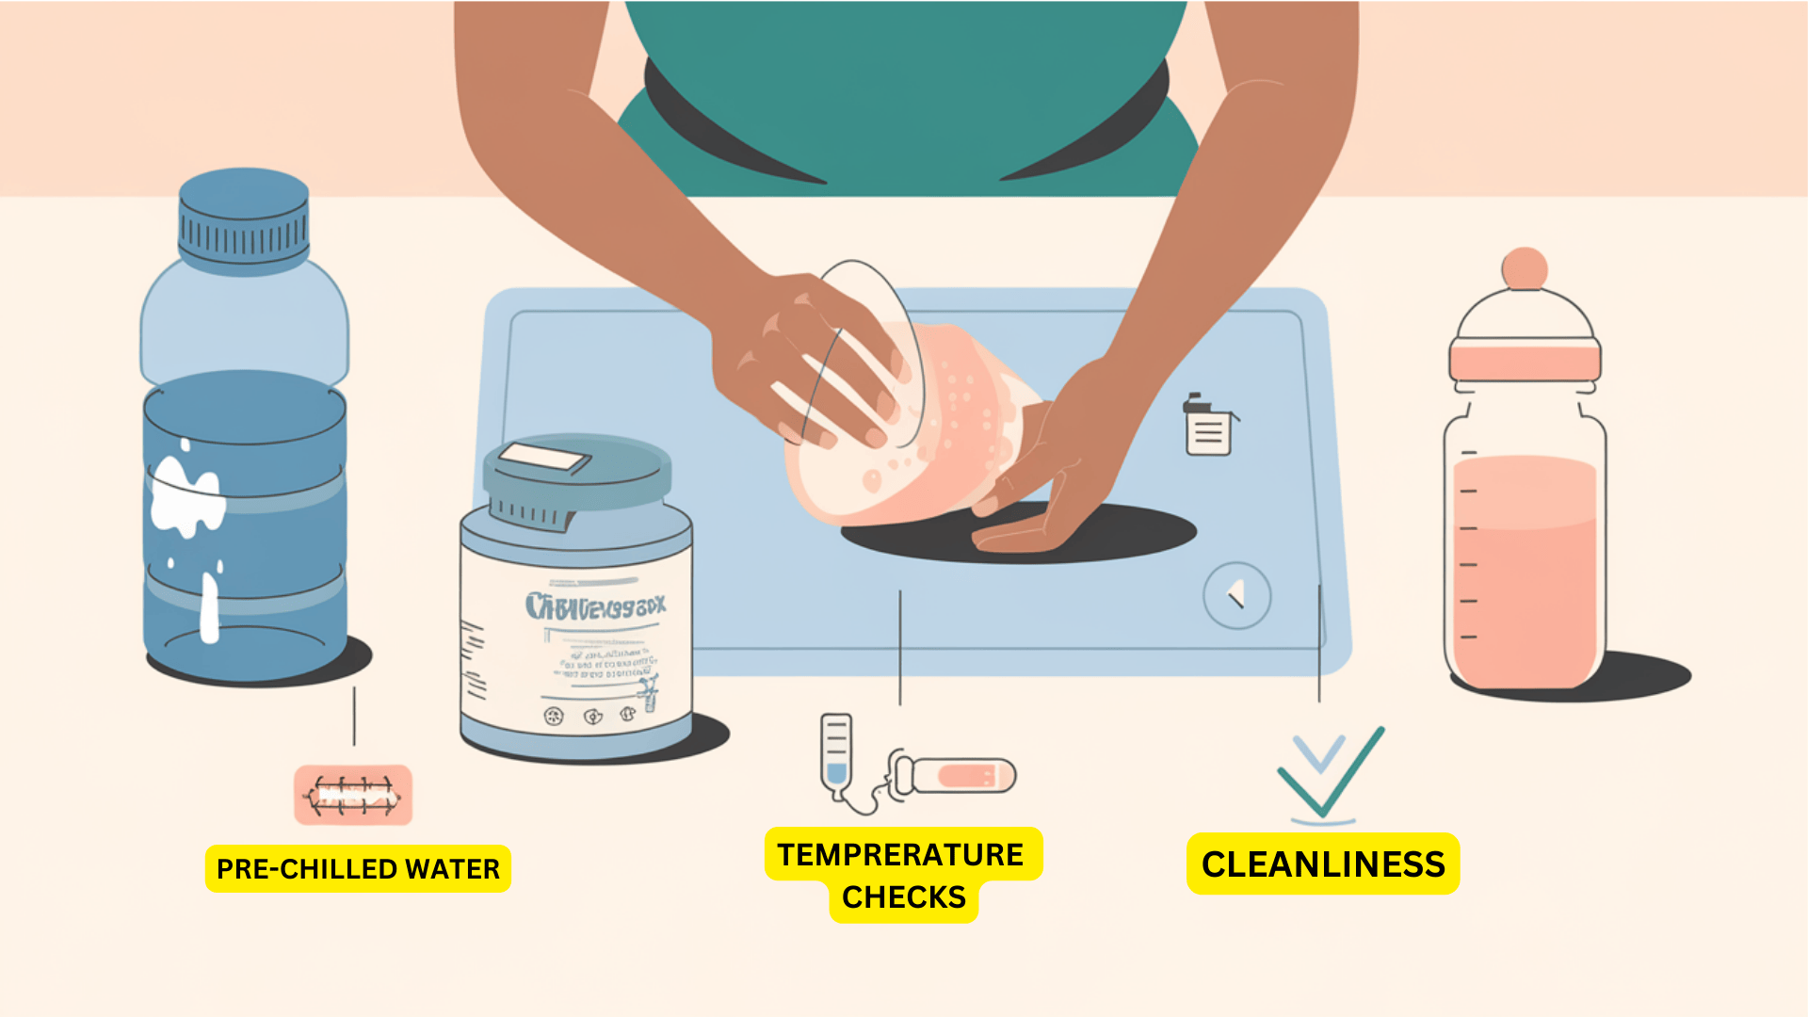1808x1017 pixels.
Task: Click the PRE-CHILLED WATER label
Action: pos(358,868)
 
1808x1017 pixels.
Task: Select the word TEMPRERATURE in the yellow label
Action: pos(900,854)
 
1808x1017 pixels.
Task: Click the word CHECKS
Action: pos(903,897)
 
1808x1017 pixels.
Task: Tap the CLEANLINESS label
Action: pos(1322,864)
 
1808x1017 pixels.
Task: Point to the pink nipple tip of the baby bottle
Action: pos(1524,267)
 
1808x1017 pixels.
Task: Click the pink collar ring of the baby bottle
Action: pos(1525,361)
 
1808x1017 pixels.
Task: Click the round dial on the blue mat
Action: pos(1236,596)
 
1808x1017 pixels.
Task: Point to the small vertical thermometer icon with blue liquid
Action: pos(835,753)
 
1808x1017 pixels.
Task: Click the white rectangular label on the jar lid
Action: pos(543,459)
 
